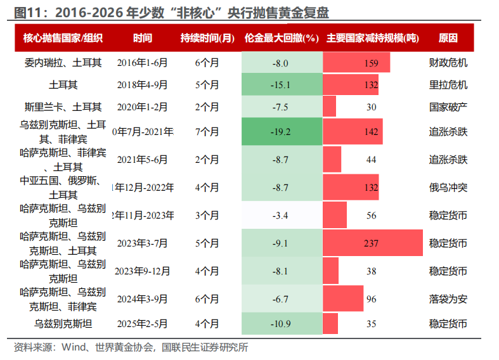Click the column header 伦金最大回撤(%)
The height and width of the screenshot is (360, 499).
click(x=280, y=37)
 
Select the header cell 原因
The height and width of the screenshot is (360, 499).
click(x=448, y=37)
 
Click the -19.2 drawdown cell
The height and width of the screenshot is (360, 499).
click(x=280, y=132)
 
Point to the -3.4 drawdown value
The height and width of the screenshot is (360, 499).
click(x=280, y=215)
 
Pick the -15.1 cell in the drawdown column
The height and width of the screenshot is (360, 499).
click(x=280, y=84)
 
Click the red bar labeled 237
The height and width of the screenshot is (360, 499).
click(x=372, y=243)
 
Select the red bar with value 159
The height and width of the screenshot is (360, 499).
click(x=356, y=63)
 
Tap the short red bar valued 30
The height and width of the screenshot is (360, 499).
click(x=330, y=107)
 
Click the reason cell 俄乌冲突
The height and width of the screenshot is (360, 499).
click(x=448, y=187)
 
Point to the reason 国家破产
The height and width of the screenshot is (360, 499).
click(x=448, y=107)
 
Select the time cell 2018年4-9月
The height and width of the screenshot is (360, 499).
click(x=143, y=84)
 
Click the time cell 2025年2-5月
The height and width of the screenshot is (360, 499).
click(x=143, y=324)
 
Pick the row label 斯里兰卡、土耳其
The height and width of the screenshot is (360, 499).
click(x=63, y=107)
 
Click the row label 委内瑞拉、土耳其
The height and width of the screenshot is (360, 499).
click(x=63, y=63)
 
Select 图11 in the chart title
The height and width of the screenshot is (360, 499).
click(x=27, y=13)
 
